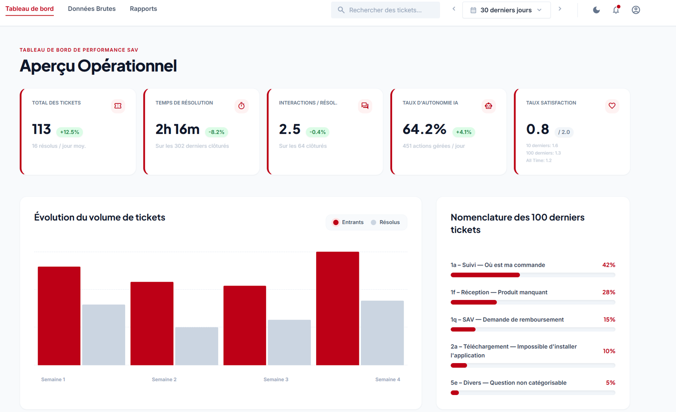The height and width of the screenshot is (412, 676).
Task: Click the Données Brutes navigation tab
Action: click(x=92, y=9)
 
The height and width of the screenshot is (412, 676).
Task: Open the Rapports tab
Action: click(x=143, y=9)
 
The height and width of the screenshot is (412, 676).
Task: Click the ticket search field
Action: click(x=385, y=10)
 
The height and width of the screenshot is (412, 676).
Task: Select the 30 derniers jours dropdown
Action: click(x=506, y=10)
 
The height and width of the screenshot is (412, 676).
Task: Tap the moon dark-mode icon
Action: click(x=596, y=10)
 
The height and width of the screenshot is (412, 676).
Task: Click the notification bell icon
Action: click(x=616, y=10)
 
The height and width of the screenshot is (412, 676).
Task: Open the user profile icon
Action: click(x=636, y=10)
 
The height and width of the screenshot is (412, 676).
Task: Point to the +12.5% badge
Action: click(x=70, y=132)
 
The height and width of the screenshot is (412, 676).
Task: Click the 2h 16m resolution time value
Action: click(x=177, y=129)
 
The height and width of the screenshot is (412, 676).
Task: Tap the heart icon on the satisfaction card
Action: click(x=612, y=106)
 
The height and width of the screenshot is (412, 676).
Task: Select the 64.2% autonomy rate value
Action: click(x=424, y=129)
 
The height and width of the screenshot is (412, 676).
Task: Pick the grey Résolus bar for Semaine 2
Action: click(x=196, y=346)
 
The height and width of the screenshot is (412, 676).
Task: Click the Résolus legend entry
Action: click(x=385, y=222)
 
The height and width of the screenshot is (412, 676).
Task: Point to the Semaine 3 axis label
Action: click(x=276, y=380)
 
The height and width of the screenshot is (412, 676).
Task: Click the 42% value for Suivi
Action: click(x=608, y=265)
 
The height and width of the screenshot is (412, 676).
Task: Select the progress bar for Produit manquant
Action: click(x=532, y=302)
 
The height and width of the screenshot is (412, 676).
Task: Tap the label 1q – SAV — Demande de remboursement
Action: click(x=507, y=320)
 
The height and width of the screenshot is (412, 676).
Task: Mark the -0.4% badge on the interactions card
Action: click(x=318, y=132)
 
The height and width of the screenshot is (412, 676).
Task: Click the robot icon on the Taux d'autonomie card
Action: click(x=488, y=106)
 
